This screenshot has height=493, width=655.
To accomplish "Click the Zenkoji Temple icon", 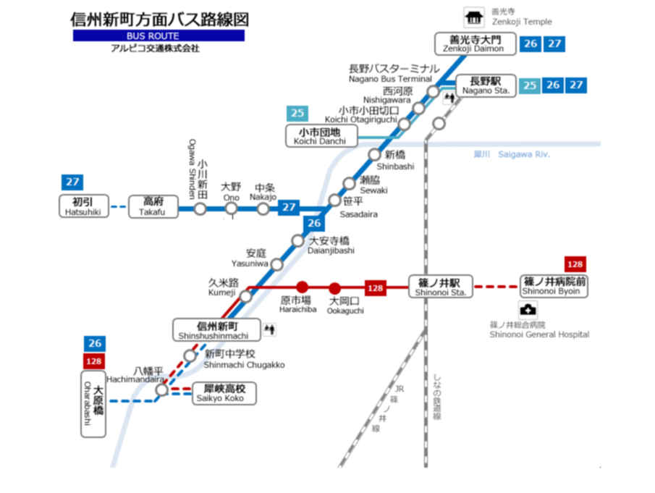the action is (474, 17).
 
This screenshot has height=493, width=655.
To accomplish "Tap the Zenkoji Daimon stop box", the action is (474, 44).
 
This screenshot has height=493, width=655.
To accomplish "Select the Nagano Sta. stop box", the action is (486, 85).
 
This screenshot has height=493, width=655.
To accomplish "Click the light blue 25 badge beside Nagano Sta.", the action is (530, 85).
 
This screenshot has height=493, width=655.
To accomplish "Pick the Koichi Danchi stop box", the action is (321, 136).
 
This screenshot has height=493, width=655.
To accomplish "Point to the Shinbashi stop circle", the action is (374, 155).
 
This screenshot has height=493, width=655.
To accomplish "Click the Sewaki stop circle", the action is (349, 183).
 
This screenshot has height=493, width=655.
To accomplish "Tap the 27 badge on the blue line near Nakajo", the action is (289, 207).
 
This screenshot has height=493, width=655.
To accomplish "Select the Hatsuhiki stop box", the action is (83, 206).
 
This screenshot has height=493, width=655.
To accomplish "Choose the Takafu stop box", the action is (153, 206).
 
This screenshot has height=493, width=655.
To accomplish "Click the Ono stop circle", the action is (231, 208).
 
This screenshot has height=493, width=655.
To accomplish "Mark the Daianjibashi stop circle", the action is (297, 240).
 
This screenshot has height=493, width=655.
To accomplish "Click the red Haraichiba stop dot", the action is (302, 287).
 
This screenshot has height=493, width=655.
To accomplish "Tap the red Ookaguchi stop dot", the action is (334, 288).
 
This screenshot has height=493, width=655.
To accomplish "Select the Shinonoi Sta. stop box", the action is (440, 286).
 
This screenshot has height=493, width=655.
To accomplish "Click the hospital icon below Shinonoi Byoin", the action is (528, 310).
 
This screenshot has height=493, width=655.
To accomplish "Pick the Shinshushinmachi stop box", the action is (217, 329).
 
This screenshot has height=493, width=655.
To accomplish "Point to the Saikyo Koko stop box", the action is (224, 393).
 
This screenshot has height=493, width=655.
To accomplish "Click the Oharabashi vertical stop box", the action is (93, 404).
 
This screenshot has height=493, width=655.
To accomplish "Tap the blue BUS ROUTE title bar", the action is (159, 35).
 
